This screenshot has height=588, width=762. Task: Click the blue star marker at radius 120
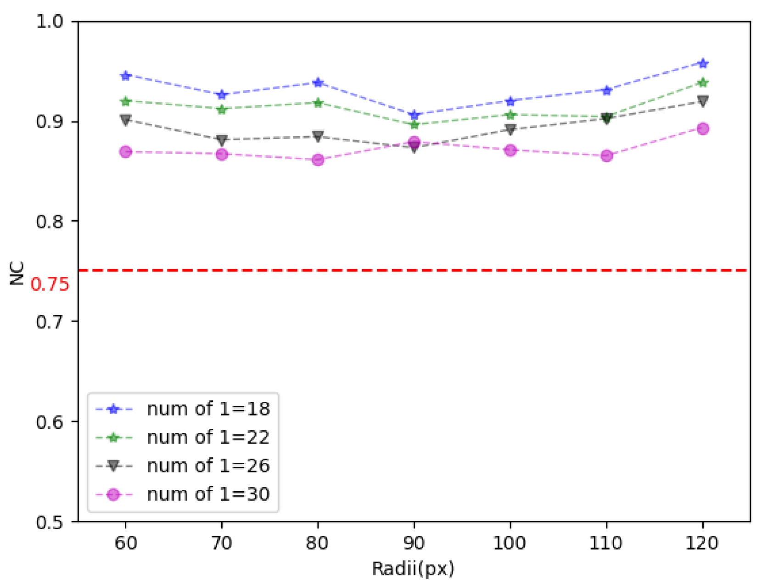click(x=702, y=63)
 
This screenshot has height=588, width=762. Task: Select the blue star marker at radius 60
click(x=125, y=76)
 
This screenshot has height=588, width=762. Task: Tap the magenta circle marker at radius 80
click(x=318, y=160)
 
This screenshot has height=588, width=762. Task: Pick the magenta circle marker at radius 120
click(x=702, y=129)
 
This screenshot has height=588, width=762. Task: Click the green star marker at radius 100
click(x=510, y=115)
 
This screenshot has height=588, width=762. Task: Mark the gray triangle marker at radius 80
click(x=318, y=136)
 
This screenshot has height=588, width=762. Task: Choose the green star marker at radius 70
click(x=222, y=109)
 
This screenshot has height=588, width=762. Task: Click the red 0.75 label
click(x=50, y=285)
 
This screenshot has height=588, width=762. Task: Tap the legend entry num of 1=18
click(x=208, y=409)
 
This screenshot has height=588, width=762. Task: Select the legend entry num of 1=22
click(x=208, y=437)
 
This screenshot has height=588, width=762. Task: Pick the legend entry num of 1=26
click(x=208, y=466)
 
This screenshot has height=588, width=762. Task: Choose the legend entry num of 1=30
click(x=208, y=494)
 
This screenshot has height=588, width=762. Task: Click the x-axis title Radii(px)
click(x=413, y=569)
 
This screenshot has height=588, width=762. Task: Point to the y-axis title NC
click(x=17, y=273)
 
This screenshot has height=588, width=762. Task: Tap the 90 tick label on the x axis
click(x=414, y=543)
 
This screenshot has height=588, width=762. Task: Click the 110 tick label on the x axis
click(x=606, y=543)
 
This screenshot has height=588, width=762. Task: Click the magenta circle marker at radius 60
click(x=125, y=152)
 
